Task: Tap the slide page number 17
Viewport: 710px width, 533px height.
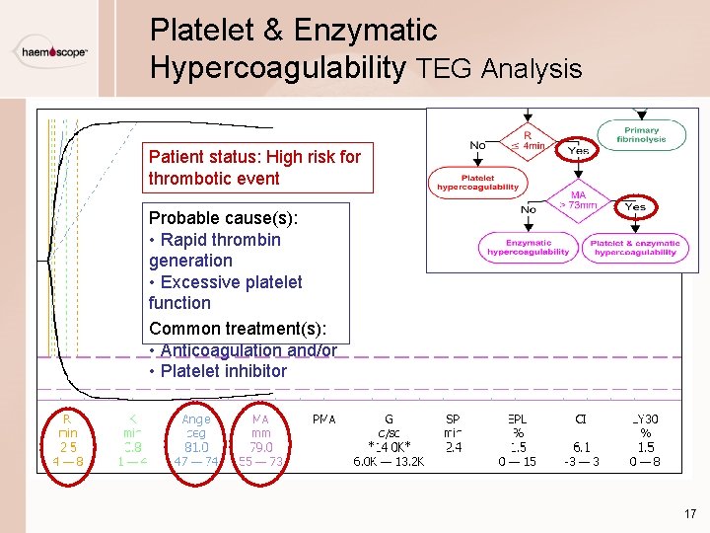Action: (x=689, y=513)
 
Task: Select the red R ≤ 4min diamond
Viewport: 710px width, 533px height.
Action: (x=529, y=140)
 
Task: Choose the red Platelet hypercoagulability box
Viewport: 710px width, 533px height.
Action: (x=477, y=181)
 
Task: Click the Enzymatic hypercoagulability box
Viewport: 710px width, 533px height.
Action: (x=528, y=247)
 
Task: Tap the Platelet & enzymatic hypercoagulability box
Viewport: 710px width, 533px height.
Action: (x=635, y=247)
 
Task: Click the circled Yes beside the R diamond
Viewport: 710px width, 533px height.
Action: (x=578, y=151)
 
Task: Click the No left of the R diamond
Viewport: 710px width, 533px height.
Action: (x=478, y=145)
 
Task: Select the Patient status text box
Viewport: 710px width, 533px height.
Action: (x=255, y=167)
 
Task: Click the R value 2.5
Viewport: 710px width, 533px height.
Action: (x=68, y=447)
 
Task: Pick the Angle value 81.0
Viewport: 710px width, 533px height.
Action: (x=195, y=447)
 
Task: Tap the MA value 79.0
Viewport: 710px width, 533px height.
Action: (x=261, y=447)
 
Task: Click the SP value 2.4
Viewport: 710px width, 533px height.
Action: (x=454, y=447)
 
